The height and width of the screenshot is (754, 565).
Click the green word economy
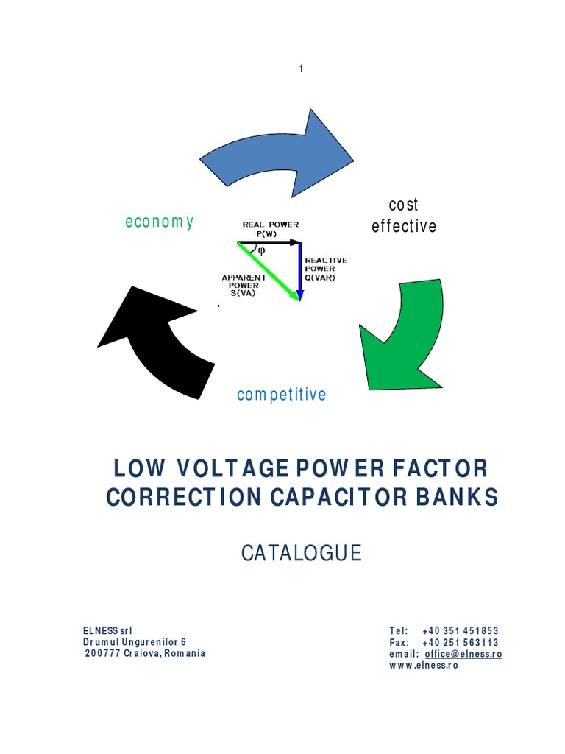point(160,222)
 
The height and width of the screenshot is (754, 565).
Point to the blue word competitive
point(281,395)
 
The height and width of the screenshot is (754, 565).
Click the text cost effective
point(404,216)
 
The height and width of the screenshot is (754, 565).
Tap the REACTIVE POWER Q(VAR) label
point(326,269)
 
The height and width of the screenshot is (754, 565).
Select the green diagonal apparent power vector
point(269,270)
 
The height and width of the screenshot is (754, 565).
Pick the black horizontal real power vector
point(269,242)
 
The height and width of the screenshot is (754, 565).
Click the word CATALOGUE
point(302,553)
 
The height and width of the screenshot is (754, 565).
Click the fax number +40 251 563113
point(461,642)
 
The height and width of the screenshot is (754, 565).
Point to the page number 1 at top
point(301,68)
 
